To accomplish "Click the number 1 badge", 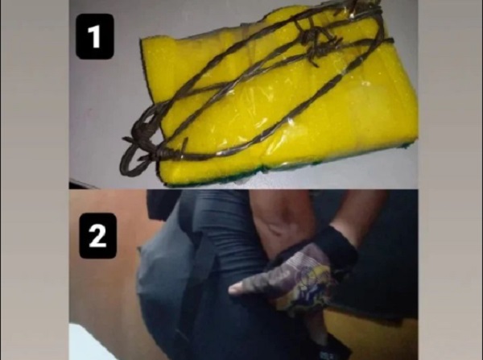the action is [x=95, y=36].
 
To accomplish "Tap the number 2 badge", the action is [x=98, y=236].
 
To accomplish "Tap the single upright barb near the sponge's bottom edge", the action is [x=184, y=146].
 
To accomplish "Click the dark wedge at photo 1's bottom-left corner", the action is [x=80, y=184].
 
